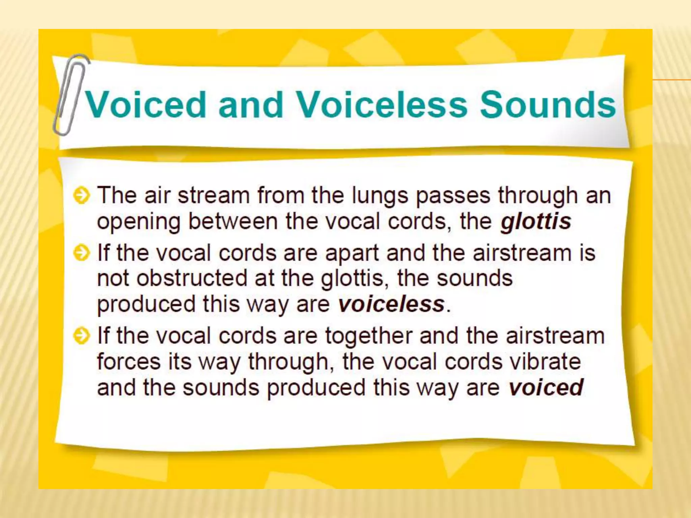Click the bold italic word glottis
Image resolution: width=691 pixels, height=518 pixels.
pos(536,222)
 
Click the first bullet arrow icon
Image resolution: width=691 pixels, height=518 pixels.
pos(81,196)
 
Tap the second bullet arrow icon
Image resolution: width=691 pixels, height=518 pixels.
pos(81,253)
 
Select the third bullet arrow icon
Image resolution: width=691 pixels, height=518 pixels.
pos(81,336)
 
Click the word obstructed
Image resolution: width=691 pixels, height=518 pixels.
pos(192,278)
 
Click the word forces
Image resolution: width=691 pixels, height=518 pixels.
pos(129,362)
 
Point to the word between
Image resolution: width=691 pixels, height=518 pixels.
pos(232,222)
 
